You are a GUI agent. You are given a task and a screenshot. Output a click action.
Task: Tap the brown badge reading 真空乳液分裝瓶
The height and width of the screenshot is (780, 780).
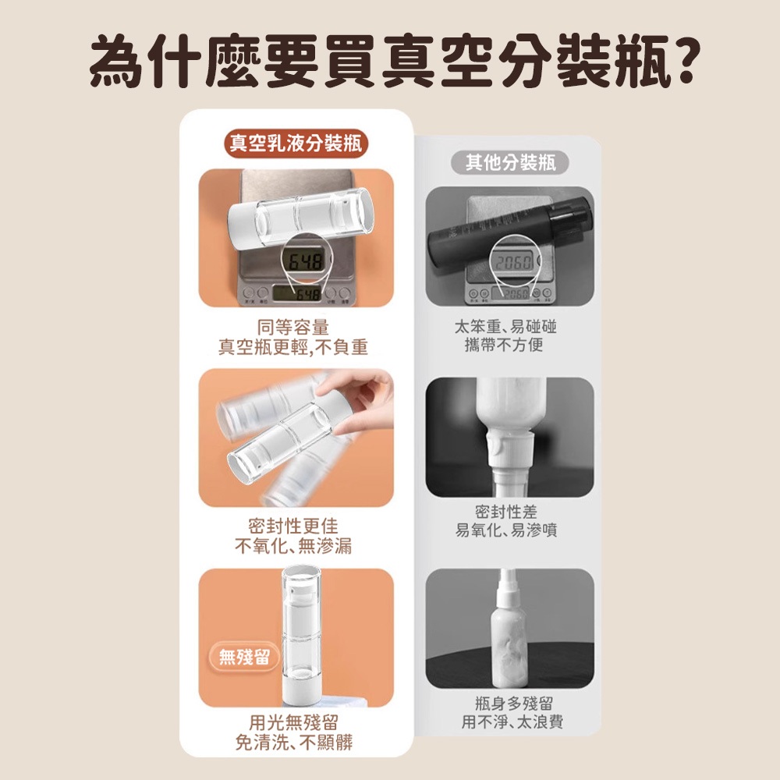296,144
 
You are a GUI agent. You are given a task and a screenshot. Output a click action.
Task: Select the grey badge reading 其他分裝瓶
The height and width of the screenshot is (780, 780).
510,162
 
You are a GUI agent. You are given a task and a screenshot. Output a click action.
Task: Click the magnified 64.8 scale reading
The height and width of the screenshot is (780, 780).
306,261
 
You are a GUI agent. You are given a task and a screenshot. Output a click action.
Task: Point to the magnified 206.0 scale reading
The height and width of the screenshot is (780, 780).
513,261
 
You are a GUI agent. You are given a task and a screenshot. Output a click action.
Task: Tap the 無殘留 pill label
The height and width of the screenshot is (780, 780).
243,657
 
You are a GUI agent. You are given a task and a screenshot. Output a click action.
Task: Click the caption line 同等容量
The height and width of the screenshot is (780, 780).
293,327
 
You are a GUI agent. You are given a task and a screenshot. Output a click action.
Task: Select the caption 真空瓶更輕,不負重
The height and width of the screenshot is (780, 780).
293,347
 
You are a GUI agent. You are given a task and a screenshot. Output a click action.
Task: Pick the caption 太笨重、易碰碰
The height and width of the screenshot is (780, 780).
505,327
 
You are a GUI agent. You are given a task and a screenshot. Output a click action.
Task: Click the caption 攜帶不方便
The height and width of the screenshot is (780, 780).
503,345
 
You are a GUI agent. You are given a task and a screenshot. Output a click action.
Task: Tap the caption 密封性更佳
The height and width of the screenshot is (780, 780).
293,526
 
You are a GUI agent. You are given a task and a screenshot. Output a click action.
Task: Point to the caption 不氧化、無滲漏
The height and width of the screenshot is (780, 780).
293,546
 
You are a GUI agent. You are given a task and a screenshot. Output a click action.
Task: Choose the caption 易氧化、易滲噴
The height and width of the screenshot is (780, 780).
506,530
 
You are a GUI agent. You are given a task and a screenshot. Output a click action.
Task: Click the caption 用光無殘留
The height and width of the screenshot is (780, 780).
293,721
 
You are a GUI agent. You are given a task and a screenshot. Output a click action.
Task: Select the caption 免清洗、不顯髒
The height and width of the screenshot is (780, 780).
293,743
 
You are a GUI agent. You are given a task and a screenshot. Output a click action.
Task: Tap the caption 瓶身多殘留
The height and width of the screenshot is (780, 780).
513,704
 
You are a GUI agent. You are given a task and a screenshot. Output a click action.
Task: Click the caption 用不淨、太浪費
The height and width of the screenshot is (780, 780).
512,721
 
